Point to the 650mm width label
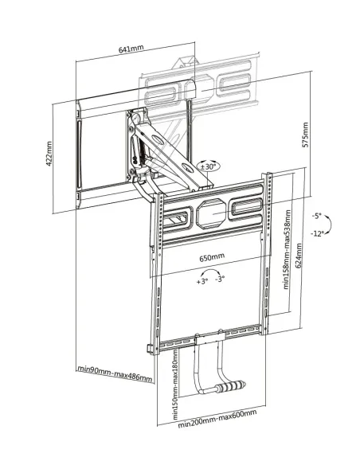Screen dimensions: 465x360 (x=211, y=257)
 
